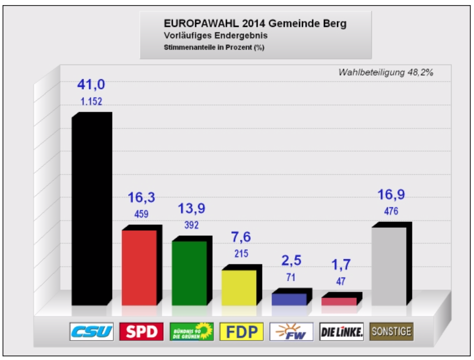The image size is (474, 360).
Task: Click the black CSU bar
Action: click(89, 210)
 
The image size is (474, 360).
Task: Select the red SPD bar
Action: click(139, 267)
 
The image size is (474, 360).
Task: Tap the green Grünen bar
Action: click(189, 273)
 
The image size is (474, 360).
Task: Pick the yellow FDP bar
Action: click(239, 287)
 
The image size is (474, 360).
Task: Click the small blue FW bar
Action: click(289, 299)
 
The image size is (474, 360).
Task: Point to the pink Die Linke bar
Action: click(339, 301)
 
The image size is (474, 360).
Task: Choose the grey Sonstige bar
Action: click(389, 266)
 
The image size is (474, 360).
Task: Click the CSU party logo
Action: click(91, 332)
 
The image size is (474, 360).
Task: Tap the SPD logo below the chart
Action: click(141, 332)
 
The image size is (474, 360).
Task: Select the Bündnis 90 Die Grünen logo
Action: click(191, 332)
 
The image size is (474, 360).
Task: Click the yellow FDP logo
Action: click(241, 332)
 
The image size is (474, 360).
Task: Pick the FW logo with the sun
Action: click(291, 332)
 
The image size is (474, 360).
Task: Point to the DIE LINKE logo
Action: click(341, 332)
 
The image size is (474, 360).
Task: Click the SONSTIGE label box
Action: click(391, 331)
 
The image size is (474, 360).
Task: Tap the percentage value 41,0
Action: click(91, 85)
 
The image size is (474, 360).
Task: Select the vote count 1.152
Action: click(91, 101)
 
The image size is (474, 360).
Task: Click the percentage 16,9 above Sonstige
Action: click(391, 195)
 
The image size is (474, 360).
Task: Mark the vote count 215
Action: click(241, 253)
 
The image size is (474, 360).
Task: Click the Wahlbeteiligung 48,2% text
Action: click(385, 72)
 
